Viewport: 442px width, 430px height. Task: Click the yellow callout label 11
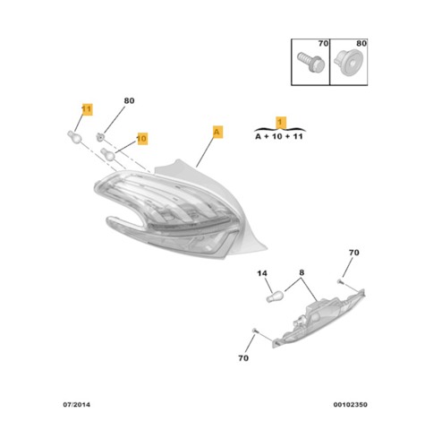point(87,109)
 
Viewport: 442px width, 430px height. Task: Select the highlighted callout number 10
point(142,139)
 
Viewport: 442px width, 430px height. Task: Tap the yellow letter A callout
point(217,132)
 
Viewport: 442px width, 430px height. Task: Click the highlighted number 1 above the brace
point(280,123)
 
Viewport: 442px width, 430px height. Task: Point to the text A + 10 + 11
point(279,136)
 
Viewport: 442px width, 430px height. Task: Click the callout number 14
point(262,273)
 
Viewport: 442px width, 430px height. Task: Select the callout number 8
point(302,272)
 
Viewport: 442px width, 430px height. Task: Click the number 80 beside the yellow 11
point(129,101)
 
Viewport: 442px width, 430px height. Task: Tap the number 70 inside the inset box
point(323,44)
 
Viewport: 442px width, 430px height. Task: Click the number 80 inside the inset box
point(361,44)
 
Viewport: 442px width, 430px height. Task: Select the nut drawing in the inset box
point(347,64)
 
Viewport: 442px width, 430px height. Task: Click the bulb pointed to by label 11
point(74,137)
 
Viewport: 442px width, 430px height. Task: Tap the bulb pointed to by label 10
point(107,154)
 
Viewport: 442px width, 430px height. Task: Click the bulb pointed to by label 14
point(275,297)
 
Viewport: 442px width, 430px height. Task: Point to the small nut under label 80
point(100,137)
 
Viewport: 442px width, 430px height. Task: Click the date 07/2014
point(76,405)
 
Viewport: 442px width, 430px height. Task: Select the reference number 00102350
point(350,405)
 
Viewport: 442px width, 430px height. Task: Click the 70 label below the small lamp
point(243,357)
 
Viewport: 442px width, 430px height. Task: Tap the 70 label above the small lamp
point(354,253)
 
